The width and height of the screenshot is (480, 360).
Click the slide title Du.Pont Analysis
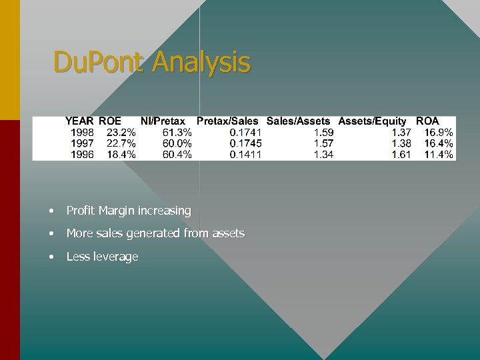coord(152,63)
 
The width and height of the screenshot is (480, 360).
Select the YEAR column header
coord(79,121)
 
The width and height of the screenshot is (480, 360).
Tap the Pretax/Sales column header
coord(227,121)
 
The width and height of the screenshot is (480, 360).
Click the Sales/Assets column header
coord(298,121)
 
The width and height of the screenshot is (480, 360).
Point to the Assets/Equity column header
coord(372,121)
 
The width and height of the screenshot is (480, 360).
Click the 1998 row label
coord(82,133)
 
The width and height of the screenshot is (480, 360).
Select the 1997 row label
coord(82,143)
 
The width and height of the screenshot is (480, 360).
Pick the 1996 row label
coord(82,155)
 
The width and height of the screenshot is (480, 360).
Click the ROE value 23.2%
coord(121,133)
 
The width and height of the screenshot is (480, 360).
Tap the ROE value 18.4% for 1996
coord(121,155)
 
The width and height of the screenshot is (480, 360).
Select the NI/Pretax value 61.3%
coord(177,133)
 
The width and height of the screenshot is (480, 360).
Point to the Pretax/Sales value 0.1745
coord(245,143)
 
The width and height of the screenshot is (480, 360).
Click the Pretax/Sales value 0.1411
coord(245,155)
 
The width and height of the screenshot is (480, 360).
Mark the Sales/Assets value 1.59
coord(323,133)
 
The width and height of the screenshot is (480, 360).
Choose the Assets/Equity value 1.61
coord(401,155)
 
